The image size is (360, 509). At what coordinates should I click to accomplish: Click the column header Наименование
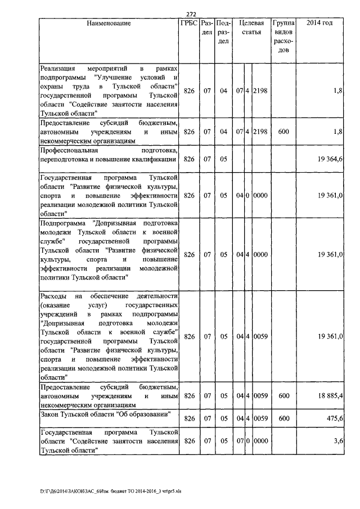109,24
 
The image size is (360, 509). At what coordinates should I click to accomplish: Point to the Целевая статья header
251,28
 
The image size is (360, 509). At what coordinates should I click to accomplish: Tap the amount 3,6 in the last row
338,442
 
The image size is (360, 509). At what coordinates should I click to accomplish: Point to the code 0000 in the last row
260,442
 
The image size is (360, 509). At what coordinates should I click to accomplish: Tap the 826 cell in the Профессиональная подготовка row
189,159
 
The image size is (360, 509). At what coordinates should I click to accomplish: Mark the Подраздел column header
223,33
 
